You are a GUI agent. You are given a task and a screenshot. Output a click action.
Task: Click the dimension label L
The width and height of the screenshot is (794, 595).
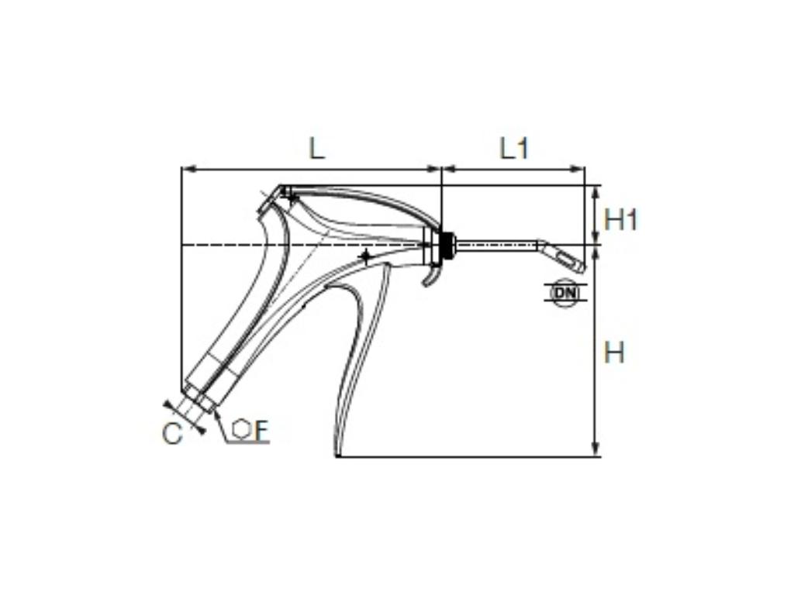(316, 148)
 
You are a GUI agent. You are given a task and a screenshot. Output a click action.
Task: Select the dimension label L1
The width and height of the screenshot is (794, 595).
(514, 148)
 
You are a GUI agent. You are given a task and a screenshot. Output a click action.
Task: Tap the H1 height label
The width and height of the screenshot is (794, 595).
(620, 220)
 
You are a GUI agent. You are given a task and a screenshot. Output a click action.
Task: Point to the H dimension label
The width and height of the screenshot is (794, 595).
(614, 353)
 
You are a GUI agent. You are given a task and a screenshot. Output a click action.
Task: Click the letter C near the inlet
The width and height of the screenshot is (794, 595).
(172, 435)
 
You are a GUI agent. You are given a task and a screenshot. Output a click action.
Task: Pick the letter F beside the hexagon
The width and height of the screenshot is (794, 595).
(261, 431)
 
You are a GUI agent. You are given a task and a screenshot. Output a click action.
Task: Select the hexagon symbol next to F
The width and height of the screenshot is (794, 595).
(242, 430)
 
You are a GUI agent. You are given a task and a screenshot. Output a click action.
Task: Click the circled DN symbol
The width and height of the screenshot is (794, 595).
(564, 293)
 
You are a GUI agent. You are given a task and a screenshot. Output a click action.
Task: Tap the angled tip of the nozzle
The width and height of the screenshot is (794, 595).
(564, 256)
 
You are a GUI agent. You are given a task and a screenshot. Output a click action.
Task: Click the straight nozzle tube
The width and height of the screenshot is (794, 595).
(496, 245)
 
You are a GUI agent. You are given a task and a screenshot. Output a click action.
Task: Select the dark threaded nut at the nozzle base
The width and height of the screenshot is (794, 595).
(446, 243)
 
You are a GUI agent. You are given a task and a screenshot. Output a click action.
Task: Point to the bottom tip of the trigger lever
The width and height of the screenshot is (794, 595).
(337, 452)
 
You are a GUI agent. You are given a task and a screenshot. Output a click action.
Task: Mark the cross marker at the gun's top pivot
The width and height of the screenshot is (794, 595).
(291, 198)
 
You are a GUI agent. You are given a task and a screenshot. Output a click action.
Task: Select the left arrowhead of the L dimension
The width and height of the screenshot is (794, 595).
(186, 168)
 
